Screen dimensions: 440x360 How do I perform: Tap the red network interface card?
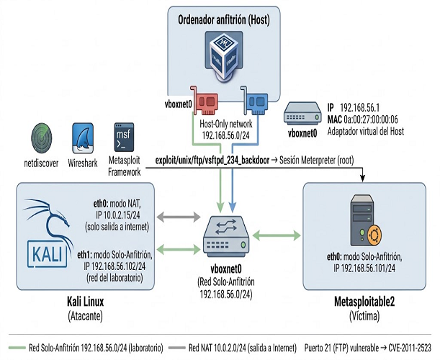tap(205, 101)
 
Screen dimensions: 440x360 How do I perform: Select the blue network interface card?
tap(254, 101)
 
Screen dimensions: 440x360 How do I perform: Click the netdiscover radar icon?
tap(42, 138)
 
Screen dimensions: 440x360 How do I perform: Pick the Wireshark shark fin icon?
tap(83, 138)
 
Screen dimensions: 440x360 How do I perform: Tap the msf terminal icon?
tap(124, 138)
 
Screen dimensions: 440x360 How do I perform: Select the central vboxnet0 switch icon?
tap(226, 236)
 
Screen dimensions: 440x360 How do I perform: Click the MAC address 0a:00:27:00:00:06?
tap(371, 120)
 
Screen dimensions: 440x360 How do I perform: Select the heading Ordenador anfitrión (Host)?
tap(224, 20)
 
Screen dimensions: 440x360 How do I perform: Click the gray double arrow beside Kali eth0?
tap(179, 217)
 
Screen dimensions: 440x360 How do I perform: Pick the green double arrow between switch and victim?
tap(277, 235)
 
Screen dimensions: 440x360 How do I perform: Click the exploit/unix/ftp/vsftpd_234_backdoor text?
tap(212, 161)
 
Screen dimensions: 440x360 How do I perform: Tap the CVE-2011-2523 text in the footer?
tap(410, 348)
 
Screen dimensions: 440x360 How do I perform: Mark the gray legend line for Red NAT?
tap(177, 348)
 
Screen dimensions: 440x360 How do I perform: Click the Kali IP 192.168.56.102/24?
tap(115, 266)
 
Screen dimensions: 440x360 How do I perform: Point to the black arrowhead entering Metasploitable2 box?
tap(363, 179)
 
